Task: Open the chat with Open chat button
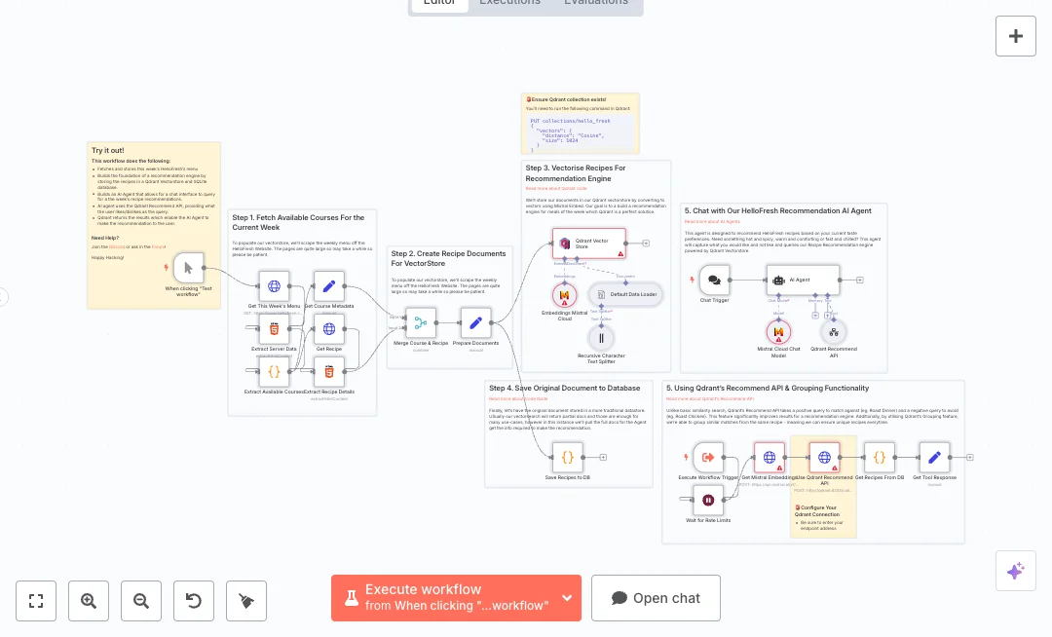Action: click(x=656, y=597)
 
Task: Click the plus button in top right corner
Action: click(x=1015, y=36)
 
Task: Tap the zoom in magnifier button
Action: click(x=89, y=601)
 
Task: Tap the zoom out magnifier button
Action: click(x=141, y=601)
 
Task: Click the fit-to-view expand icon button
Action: click(x=36, y=601)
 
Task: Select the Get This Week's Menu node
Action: click(x=274, y=286)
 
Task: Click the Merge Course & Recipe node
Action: click(x=421, y=322)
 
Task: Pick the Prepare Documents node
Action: click(x=475, y=322)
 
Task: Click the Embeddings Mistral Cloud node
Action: click(x=564, y=295)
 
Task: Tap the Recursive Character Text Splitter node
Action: click(x=601, y=338)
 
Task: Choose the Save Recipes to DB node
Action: click(x=567, y=456)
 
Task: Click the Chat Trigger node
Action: click(x=714, y=280)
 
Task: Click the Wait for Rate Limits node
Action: click(x=708, y=501)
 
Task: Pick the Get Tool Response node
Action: click(x=934, y=456)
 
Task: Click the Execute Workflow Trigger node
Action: click(x=708, y=456)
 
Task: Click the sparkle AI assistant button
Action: click(x=1015, y=571)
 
